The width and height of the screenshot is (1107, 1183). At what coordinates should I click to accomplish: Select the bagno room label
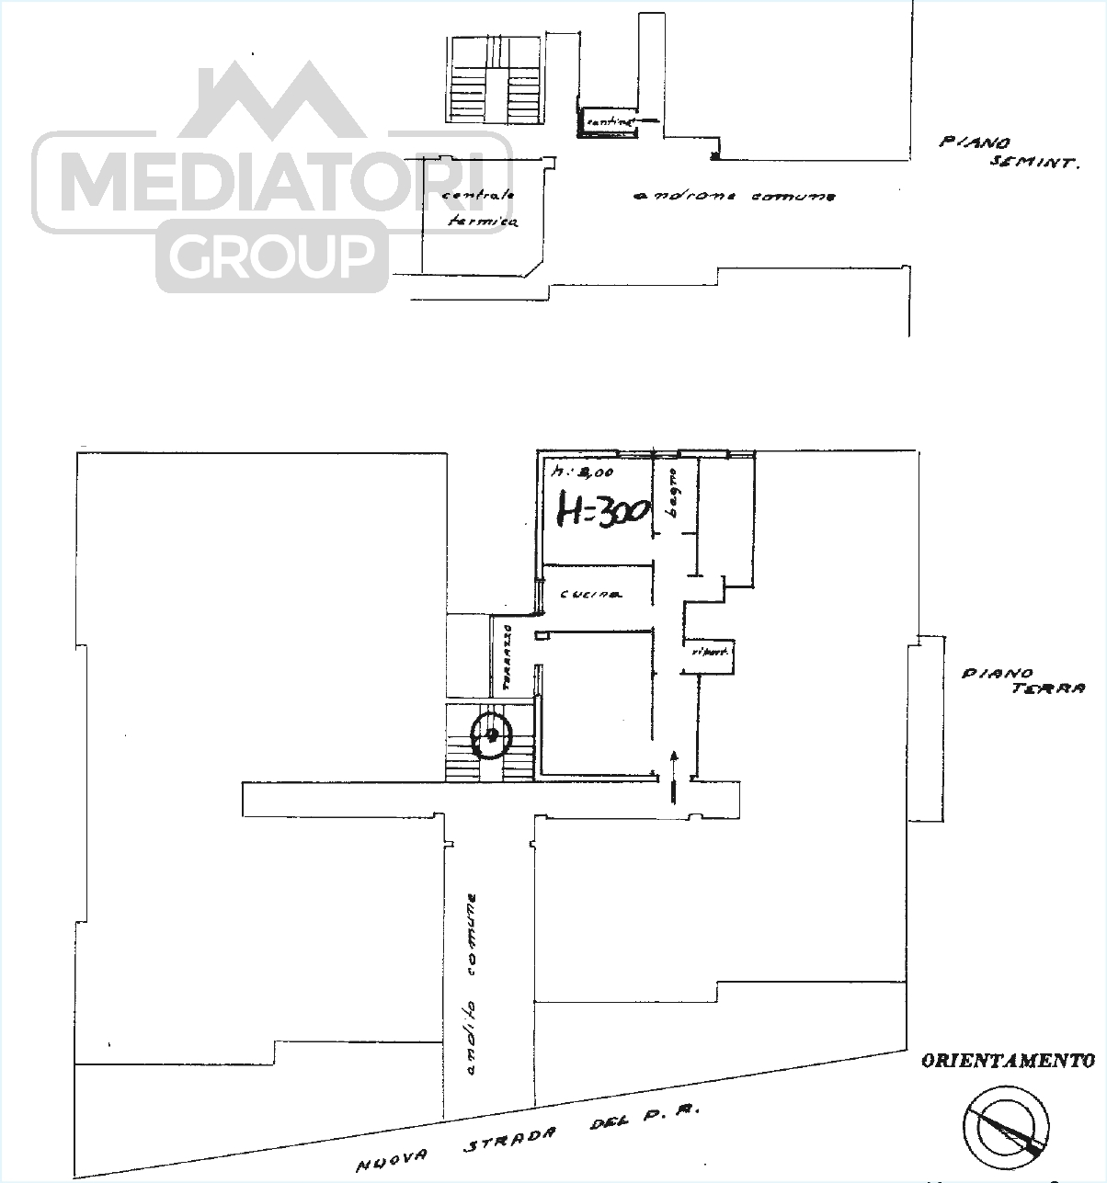672,496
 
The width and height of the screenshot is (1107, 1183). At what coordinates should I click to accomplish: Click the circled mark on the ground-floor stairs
491,734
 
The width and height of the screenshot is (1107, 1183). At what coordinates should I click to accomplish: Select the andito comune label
471,983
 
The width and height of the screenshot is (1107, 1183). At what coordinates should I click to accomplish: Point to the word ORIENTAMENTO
1008,1061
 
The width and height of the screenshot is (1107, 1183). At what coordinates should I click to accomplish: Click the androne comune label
734,196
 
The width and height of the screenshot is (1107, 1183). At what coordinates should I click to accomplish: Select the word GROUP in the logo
271,256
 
